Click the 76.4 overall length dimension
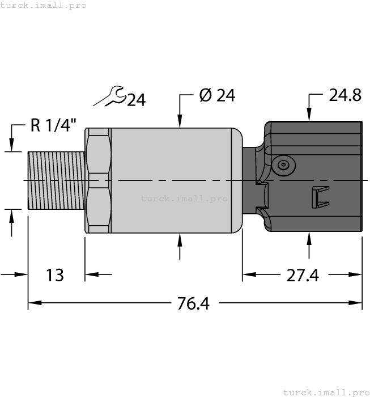click(x=193, y=304)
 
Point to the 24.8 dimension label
click(x=345, y=95)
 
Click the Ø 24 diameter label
click(x=217, y=96)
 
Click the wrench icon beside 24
click(x=109, y=96)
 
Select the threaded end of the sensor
click(x=56, y=180)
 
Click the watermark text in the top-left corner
click(x=44, y=5)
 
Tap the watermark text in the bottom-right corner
click(x=325, y=392)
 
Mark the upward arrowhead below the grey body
click(x=180, y=239)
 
